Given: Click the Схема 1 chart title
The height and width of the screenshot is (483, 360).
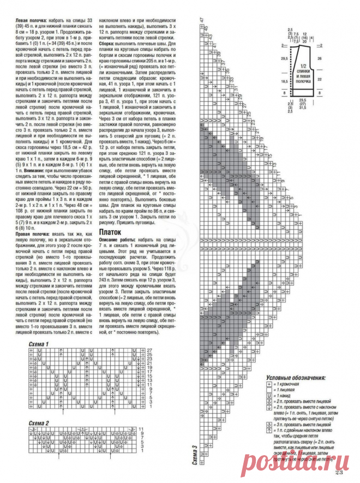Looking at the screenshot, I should point(39,344).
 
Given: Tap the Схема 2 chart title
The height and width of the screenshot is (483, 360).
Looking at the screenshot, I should point(39,423).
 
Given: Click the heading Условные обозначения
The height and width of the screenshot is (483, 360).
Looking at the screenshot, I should point(296,377).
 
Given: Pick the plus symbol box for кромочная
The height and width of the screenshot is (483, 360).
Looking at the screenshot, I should point(269,384).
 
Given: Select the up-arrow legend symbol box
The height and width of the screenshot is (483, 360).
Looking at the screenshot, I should point(269,430).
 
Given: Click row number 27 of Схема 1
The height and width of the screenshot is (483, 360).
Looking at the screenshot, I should point(148,349).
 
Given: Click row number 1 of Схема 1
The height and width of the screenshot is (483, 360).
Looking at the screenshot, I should point(148,415).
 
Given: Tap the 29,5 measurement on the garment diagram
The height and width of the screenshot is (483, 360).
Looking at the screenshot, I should point(284,57).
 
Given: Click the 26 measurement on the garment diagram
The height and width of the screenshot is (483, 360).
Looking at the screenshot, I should point(319,57).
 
